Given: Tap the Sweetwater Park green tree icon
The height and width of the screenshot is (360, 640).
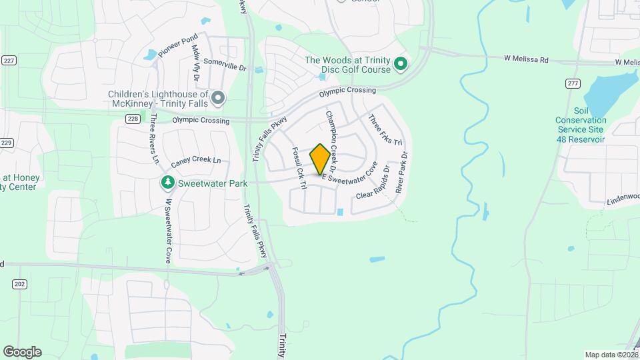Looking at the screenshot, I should (x=167, y=183).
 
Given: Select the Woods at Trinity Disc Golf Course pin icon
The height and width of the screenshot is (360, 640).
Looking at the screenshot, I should (x=401, y=65).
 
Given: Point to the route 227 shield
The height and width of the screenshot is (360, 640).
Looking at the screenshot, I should (x=8, y=59).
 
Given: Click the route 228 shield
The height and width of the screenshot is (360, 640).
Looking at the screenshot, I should (x=133, y=119).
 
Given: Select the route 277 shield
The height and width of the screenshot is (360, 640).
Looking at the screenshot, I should (x=571, y=83).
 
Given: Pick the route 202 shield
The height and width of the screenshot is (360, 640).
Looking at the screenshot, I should (x=19, y=284).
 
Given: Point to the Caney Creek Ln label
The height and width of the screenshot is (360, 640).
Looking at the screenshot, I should (x=195, y=160).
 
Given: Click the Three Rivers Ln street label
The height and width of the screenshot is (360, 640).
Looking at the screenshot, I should (x=155, y=139).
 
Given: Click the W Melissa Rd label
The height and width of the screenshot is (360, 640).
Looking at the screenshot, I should (x=526, y=60).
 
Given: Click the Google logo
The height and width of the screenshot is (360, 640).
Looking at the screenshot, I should (x=22, y=352).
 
